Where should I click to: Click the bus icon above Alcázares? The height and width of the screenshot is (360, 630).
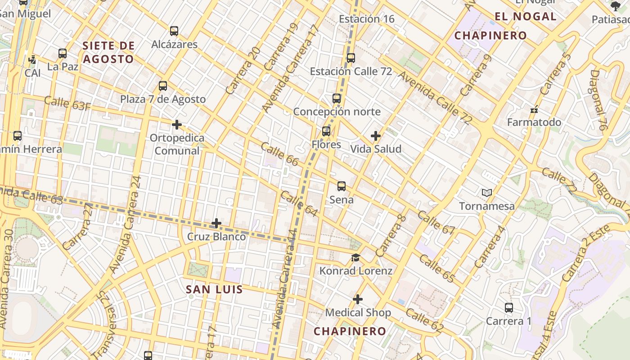click(174, 31)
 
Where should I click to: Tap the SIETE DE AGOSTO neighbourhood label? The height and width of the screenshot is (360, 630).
click(108, 52)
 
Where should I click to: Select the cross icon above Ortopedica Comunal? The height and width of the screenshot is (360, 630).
click(177, 124)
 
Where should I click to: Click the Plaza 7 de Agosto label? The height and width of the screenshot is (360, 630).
click(163, 99)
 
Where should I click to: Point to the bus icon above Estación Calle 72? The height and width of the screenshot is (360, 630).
click(351, 58)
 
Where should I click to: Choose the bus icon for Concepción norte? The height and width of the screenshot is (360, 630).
click(337, 99)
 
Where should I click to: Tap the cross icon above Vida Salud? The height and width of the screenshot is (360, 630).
click(375, 135)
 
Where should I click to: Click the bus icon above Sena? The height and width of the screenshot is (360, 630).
click(342, 186)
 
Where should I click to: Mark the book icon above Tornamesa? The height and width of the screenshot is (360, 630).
click(486, 193)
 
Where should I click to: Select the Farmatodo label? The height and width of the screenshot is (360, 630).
click(534, 122)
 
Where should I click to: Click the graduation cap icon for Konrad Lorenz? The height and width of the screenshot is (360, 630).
click(355, 258)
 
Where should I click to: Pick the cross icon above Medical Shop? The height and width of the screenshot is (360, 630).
click(358, 299)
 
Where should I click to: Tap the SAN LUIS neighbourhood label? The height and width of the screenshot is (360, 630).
click(214, 289)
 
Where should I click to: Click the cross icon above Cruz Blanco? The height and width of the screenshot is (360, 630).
click(216, 223)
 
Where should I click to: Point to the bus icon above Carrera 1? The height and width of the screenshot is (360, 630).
click(509, 308)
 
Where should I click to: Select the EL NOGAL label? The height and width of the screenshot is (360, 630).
click(526, 17)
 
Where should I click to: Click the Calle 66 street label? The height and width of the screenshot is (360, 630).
click(279, 154)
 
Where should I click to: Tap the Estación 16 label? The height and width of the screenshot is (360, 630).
click(366, 19)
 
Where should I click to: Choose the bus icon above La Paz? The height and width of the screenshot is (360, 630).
click(63, 54)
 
